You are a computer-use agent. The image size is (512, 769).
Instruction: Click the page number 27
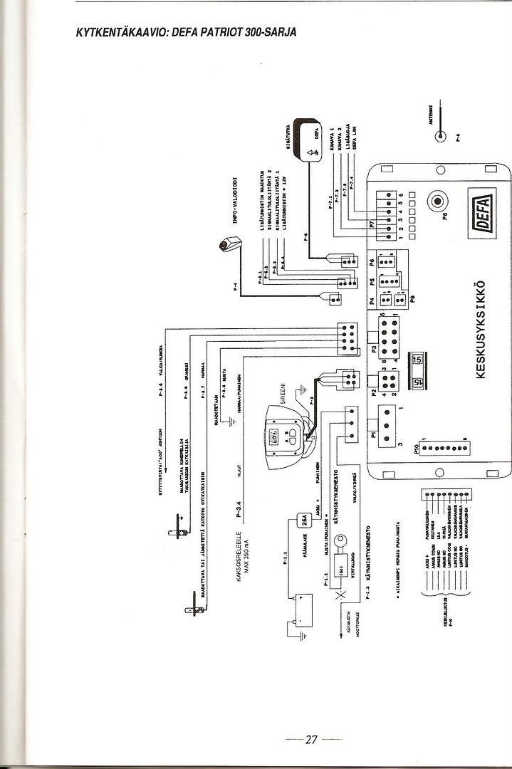310,738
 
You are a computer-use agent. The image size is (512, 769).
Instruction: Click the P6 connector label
372,261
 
